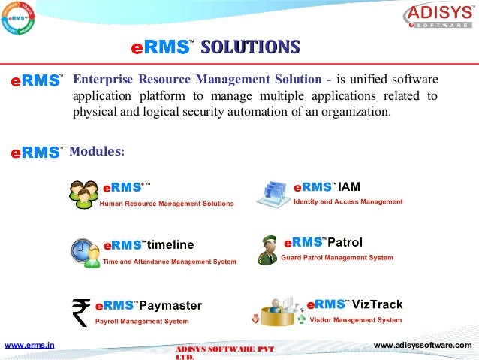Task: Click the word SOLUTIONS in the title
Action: tap(250, 47)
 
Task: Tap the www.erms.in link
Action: tap(29, 345)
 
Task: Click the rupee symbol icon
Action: tap(80, 312)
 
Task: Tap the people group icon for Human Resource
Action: tap(83, 194)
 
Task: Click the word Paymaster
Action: tap(170, 305)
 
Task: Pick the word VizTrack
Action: tap(378, 304)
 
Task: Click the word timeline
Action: tap(170, 245)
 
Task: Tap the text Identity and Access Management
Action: tap(348, 201)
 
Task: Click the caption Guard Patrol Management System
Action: tap(337, 257)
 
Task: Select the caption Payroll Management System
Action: tap(142, 321)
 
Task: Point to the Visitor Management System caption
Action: tap(356, 319)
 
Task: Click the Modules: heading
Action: tap(96, 152)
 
